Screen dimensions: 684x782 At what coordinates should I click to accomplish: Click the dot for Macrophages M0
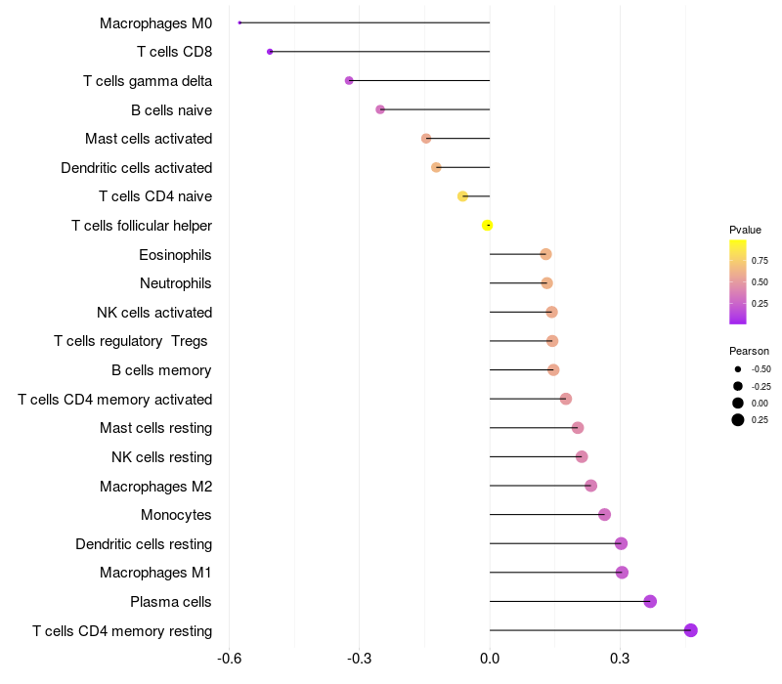coord(239,22)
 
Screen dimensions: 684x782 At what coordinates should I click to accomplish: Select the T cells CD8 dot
coord(270,51)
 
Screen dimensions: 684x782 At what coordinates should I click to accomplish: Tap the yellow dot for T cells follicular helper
coord(487,226)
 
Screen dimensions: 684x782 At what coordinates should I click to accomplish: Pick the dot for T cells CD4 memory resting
coord(690,630)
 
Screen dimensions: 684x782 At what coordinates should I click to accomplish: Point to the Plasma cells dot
coord(650,601)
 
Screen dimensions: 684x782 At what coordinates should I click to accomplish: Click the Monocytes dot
coord(604,514)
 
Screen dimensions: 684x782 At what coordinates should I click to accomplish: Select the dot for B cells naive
coord(380,109)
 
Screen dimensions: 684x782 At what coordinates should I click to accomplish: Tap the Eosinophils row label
coord(175,255)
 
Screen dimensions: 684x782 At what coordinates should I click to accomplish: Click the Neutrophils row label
coord(175,283)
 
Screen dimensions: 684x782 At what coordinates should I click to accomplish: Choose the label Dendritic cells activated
coord(136,168)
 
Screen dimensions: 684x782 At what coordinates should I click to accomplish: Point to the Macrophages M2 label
coord(155,486)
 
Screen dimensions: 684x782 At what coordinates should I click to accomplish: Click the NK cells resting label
coord(161,457)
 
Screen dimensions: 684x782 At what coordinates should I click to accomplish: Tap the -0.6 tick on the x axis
coord(229,659)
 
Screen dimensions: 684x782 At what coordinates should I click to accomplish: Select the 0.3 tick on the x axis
coord(619,659)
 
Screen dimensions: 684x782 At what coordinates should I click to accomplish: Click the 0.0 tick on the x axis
coord(489,659)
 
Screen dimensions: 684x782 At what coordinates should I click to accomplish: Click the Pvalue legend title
coord(745,230)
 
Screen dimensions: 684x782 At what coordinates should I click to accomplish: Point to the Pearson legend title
coord(749,351)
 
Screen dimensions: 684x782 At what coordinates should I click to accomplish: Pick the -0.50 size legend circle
coord(737,369)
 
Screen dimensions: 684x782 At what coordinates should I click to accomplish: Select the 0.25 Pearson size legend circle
coord(737,420)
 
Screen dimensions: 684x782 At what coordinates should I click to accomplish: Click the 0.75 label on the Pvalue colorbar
coord(760,261)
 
